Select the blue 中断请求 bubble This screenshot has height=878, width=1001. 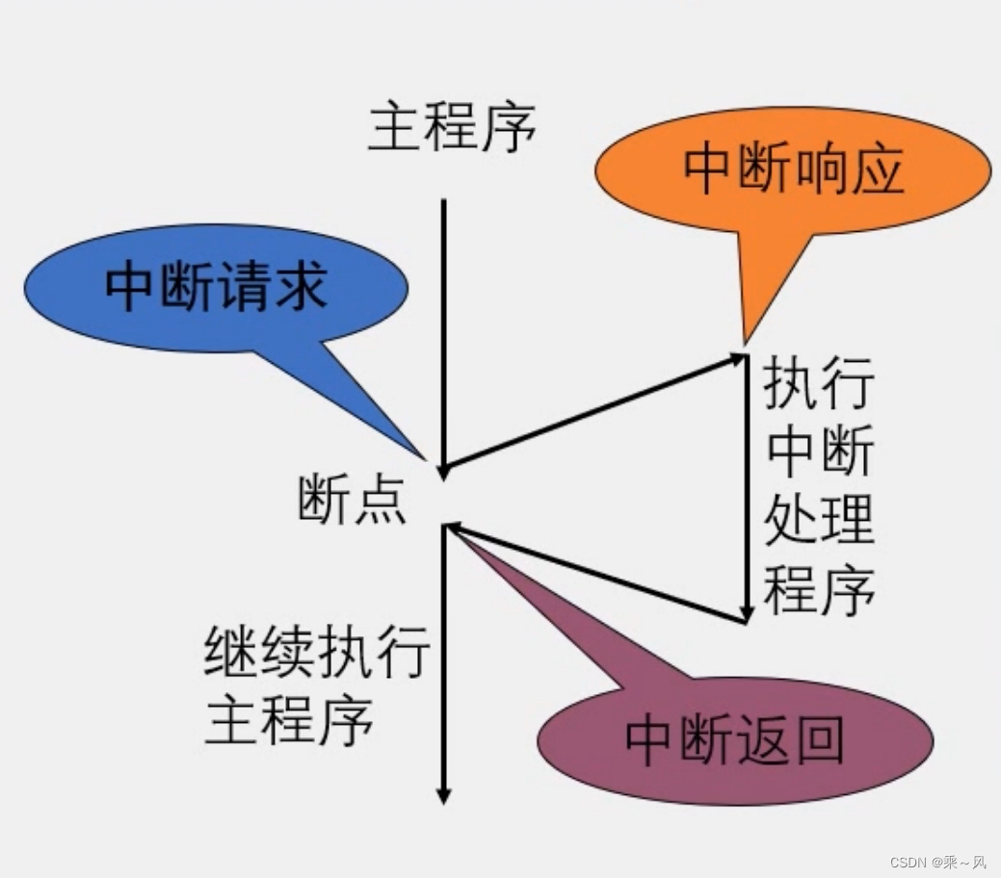(214, 286)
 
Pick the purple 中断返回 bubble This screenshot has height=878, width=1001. (734, 739)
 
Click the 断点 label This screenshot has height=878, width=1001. (351, 501)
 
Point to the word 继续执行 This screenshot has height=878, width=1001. (316, 654)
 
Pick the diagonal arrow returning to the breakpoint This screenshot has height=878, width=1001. (597, 574)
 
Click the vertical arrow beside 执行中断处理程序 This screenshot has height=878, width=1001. (747, 486)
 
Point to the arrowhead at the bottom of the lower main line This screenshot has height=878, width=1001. (443, 795)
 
